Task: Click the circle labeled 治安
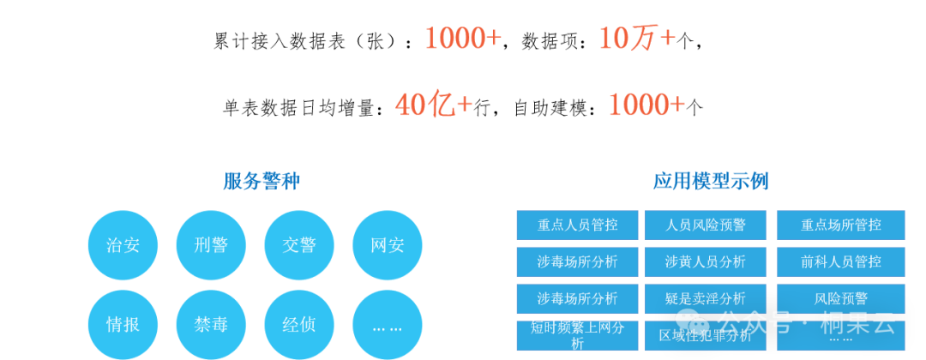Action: tap(123, 245)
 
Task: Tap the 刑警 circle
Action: tap(211, 245)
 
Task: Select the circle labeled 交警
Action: tap(299, 245)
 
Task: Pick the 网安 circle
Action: tap(388, 245)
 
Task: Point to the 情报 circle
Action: tap(123, 324)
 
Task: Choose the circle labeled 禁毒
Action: tap(211, 324)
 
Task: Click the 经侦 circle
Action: tap(299, 324)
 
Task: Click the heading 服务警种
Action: tap(262, 181)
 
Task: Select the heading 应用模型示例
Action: tap(711, 181)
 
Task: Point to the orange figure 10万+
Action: tap(637, 38)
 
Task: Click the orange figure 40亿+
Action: tap(434, 105)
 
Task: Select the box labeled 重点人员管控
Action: tap(577, 225)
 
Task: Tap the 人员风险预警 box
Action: tap(706, 225)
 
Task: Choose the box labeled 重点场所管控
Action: tap(841, 225)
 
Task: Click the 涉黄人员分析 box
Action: tap(706, 261)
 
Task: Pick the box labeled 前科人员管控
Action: tap(841, 261)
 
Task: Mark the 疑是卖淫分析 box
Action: tap(706, 298)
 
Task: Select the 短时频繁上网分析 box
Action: tap(577, 335)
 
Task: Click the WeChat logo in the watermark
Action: tap(692, 323)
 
